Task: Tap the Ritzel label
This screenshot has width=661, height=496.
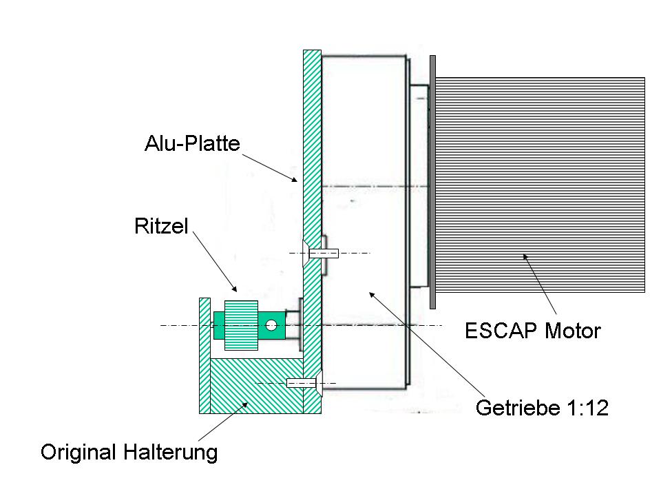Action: coord(160,227)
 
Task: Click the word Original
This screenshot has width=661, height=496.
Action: coord(80,453)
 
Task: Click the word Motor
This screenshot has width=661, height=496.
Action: coord(572,331)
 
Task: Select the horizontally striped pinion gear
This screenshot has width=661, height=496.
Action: coord(241,325)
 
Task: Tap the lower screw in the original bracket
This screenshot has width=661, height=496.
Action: coord(301,382)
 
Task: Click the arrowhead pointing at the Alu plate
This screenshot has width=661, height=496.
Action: coord(296,180)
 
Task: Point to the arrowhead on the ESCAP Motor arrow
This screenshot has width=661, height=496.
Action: coord(525,257)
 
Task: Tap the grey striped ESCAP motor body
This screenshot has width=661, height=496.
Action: coord(541,184)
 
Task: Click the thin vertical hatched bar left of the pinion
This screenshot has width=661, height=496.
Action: coord(204,355)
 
